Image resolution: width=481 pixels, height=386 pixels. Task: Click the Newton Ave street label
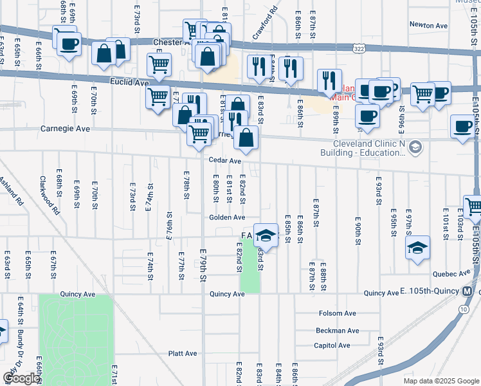(428, 25)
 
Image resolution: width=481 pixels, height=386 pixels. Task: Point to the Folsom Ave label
(337, 313)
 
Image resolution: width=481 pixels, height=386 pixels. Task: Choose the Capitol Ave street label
(332, 345)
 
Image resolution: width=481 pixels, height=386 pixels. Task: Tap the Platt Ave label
(182, 353)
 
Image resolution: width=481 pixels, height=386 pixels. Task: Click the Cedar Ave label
(224, 161)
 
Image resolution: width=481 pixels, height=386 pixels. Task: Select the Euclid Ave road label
(129, 82)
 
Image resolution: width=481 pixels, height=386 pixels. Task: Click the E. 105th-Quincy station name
(428, 293)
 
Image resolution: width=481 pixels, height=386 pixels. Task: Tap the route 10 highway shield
(463, 309)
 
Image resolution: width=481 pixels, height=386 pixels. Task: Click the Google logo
(21, 378)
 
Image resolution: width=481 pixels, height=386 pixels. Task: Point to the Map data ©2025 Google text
(440, 381)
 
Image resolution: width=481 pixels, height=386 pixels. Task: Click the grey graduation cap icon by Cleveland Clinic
(415, 147)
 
